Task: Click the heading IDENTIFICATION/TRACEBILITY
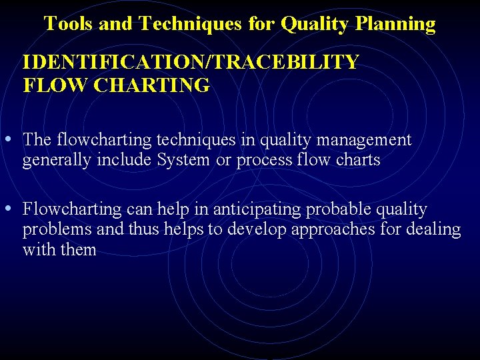190,62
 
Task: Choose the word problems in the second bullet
53,230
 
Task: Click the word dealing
434,230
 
